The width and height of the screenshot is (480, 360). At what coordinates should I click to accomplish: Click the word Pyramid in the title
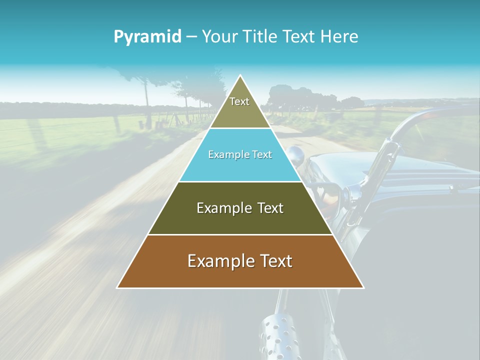[x=147, y=36]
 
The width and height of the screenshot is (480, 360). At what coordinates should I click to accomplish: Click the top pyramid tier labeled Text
[x=239, y=107]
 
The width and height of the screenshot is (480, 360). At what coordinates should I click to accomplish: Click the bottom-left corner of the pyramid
[x=118, y=287]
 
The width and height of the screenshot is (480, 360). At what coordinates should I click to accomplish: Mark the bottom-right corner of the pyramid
[x=363, y=287]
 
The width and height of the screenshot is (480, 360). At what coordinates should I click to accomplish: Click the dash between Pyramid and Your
[x=191, y=36]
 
